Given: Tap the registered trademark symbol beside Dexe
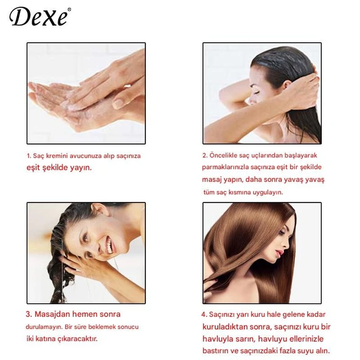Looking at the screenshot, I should [x=69, y=9].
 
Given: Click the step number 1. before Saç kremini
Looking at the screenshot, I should [x=29, y=156].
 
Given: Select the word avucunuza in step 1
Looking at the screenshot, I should [x=87, y=156].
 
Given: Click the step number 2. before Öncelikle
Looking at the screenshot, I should [x=205, y=155].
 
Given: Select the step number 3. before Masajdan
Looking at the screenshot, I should [x=29, y=314].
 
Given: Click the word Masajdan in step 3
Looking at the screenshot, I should [x=53, y=314].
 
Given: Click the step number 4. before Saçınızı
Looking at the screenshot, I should [x=204, y=315].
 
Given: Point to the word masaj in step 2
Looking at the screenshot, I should [x=212, y=180].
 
